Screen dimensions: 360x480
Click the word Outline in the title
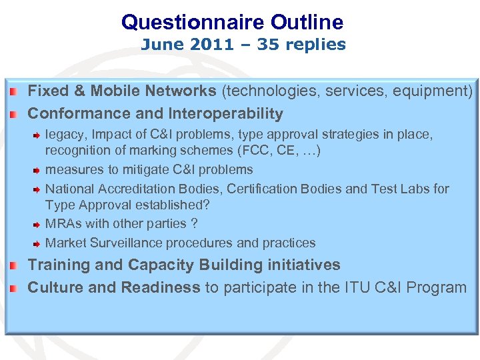[307, 23]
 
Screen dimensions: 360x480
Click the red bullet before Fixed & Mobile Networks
[12, 90]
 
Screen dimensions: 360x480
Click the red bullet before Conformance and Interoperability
[12, 113]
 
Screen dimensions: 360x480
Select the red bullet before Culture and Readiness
[12, 288]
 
